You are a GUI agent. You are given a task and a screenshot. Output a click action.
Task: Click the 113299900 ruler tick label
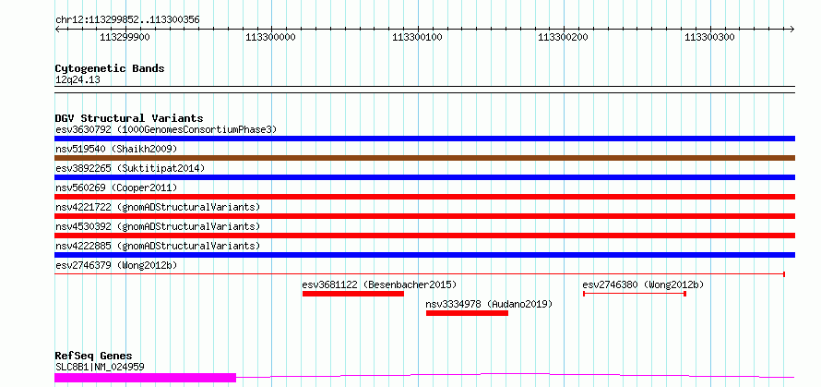(125, 38)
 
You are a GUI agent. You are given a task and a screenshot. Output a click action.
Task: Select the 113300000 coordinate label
(270, 38)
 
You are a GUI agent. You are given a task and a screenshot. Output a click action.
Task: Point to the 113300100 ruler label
(418, 38)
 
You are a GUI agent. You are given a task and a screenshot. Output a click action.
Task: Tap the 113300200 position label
(563, 38)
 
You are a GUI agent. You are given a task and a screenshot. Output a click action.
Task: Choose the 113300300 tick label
(710, 38)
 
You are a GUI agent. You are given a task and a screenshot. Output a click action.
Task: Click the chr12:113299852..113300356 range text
(127, 19)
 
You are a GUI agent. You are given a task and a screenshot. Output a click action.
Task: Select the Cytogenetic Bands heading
(110, 68)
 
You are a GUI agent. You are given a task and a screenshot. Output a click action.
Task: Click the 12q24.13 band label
(77, 79)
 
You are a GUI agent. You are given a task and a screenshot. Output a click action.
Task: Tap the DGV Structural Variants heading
(128, 118)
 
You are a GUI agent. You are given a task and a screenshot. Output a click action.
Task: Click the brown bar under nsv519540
(424, 158)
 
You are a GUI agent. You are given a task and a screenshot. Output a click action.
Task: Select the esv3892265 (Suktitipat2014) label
(130, 168)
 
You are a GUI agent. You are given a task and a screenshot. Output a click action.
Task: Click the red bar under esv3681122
(353, 294)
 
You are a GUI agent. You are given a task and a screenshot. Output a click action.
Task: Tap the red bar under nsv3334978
(467, 313)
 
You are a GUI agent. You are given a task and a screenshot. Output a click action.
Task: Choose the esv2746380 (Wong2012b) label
(643, 284)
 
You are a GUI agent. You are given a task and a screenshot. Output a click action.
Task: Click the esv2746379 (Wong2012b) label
(116, 265)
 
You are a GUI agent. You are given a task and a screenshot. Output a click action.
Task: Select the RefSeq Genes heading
(93, 356)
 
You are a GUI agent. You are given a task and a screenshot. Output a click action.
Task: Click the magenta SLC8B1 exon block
(146, 377)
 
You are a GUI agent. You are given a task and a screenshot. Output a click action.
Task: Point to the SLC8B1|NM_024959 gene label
(100, 367)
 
